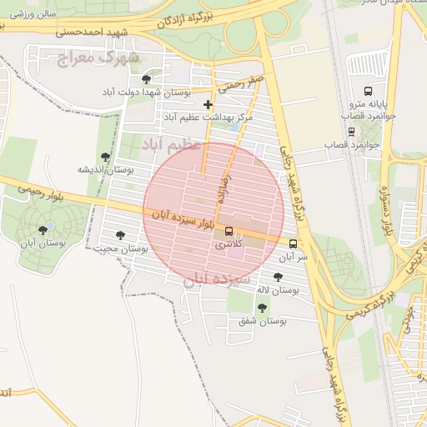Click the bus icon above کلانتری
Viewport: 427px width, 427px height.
click(x=229, y=233)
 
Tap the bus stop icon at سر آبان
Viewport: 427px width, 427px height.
click(x=293, y=244)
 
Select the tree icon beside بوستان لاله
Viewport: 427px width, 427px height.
click(x=278, y=276)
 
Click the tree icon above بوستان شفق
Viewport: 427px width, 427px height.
click(x=262, y=308)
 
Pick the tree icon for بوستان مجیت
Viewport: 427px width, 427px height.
click(x=121, y=235)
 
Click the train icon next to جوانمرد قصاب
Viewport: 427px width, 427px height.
click(x=351, y=131)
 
